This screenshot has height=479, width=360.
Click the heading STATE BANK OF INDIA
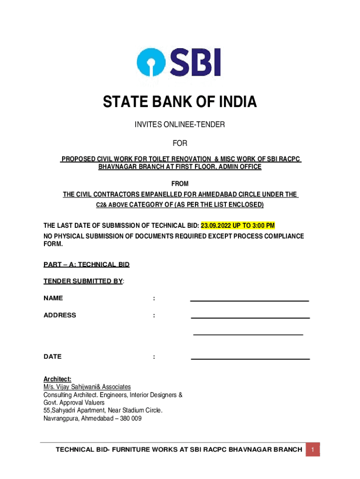click(180, 102)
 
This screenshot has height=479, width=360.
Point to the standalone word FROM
click(180, 184)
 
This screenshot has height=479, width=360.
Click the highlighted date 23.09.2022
click(217, 226)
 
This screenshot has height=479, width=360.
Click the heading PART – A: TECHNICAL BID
click(86, 265)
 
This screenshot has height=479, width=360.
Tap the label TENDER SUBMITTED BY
click(83, 282)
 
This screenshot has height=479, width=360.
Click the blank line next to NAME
click(249, 300)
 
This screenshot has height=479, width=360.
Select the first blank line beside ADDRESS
click(250, 318)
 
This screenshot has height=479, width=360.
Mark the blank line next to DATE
click(250, 359)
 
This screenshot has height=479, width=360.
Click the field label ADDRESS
click(60, 315)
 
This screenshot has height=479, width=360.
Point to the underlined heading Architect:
click(57, 379)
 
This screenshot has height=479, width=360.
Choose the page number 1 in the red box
click(313, 450)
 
